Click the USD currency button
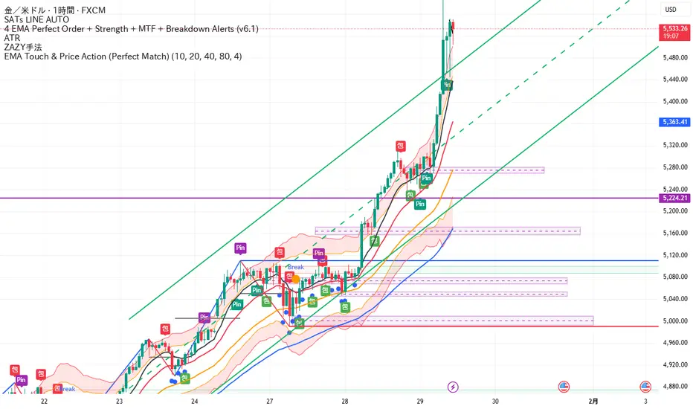click(670, 10)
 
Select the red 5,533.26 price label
click(674, 29)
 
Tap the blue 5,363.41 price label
click(674, 121)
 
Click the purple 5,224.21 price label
click(674, 198)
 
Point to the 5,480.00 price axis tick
click(674, 57)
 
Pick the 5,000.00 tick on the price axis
click(674, 321)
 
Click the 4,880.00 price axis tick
click(674, 387)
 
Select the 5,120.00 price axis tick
click(674, 255)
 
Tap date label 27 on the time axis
click(269, 400)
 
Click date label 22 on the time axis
click(45, 400)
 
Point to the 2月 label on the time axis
click(593, 400)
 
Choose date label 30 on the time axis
click(494, 400)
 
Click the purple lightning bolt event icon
click(454, 387)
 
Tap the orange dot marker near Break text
click(295, 278)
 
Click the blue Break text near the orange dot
click(295, 268)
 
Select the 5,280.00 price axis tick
click(674, 167)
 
